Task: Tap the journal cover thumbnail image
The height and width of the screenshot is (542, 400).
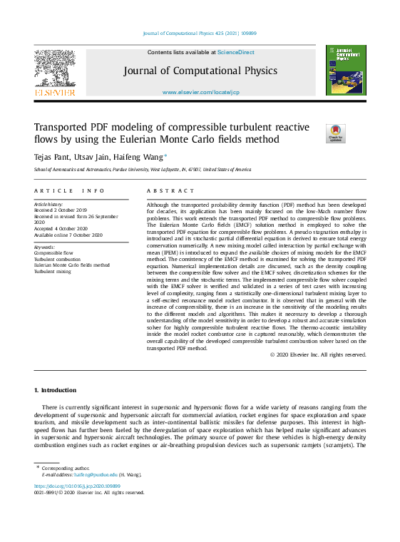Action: click(x=345, y=70)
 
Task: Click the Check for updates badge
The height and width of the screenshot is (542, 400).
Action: click(x=334, y=133)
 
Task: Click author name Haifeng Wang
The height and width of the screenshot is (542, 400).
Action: click(x=143, y=157)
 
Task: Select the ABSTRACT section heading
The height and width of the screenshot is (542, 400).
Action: click(x=170, y=191)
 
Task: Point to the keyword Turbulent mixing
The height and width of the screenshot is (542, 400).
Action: click(x=53, y=271)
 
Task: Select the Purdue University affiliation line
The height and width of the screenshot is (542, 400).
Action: click(x=143, y=170)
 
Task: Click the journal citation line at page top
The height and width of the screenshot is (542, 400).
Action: click(x=200, y=34)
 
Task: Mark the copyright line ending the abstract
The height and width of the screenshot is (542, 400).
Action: click(x=318, y=354)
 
